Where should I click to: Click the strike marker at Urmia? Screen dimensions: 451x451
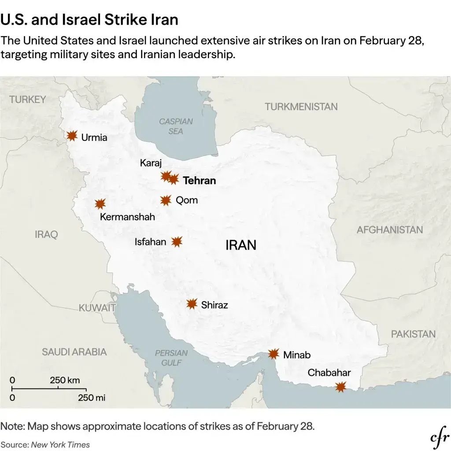72,136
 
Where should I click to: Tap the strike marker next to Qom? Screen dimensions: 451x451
166,201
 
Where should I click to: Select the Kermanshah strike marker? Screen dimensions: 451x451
100,204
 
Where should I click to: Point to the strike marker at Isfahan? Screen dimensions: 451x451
177,241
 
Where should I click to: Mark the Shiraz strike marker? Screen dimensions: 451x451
192,304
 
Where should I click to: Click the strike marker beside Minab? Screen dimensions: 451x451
274,354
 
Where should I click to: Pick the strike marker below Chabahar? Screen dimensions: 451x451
340,387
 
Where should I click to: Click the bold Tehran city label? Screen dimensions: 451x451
199,181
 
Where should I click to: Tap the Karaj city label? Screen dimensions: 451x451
151,163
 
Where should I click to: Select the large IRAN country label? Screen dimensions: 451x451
240,245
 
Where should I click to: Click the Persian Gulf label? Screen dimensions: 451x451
171,358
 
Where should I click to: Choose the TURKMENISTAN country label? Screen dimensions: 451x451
301,107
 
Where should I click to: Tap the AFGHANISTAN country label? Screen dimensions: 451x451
389,229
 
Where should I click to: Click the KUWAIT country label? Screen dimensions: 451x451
97,308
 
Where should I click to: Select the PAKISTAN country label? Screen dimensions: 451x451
413,334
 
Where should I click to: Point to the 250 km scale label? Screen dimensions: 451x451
65,380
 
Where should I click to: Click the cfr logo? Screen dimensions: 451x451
439,438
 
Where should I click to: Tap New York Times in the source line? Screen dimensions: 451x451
60,444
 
